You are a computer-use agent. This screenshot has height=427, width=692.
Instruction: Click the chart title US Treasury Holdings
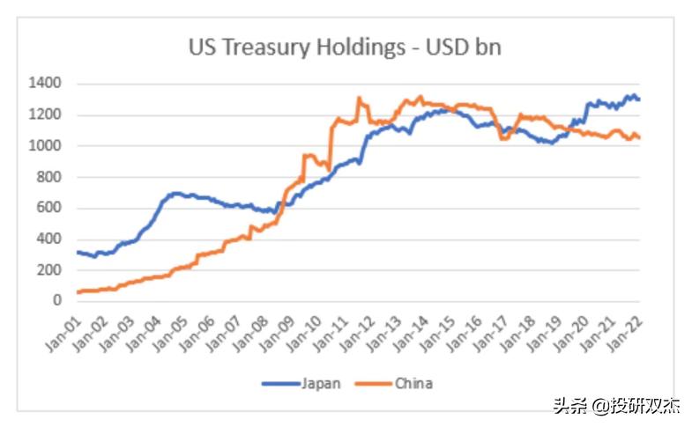point(345,47)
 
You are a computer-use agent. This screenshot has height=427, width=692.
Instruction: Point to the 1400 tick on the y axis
point(43,84)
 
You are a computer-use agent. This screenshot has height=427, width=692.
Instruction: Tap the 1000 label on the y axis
point(43,145)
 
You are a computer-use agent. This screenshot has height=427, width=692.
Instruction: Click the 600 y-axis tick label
point(48,208)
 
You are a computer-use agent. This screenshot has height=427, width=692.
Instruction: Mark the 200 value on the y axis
point(48,269)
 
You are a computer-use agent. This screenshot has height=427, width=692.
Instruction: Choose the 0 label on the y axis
point(56,300)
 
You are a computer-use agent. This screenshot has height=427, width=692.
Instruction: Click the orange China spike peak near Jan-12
point(360,98)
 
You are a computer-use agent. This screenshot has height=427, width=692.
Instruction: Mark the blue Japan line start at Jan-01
point(78,252)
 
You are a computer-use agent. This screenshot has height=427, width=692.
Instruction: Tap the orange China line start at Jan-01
point(78,291)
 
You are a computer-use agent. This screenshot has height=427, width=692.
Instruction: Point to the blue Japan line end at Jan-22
point(639,99)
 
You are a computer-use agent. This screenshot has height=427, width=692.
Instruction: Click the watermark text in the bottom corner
point(617,406)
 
